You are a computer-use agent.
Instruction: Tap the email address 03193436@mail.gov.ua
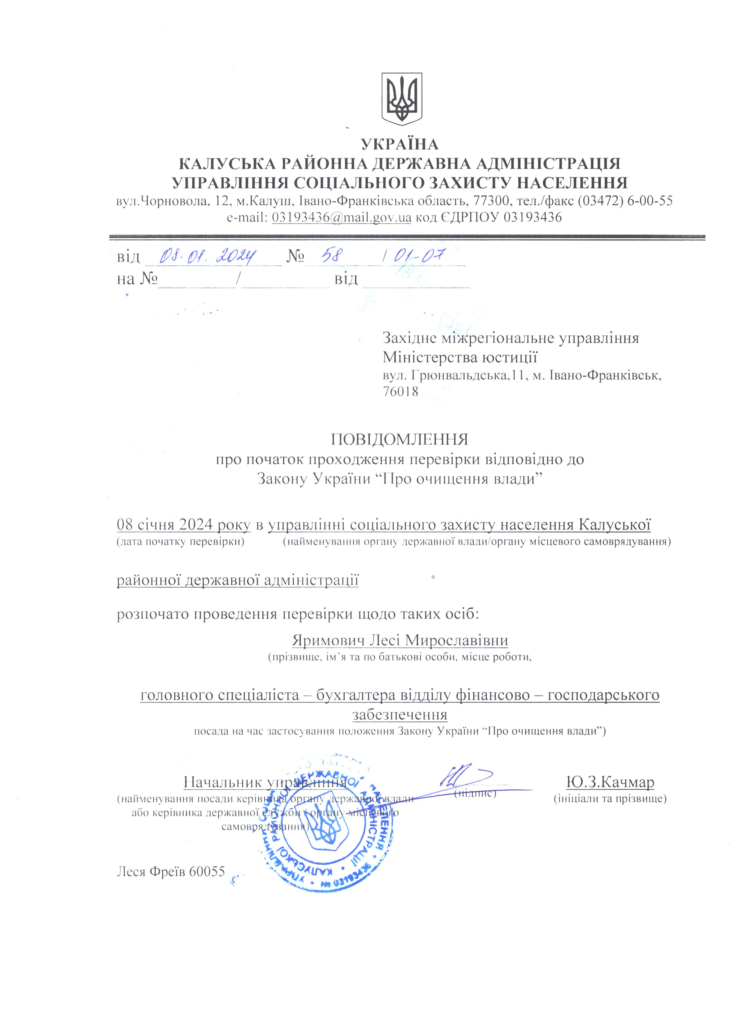click(342, 218)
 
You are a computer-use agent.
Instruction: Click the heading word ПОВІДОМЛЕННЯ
click(399, 439)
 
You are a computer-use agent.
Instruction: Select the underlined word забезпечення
click(399, 714)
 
